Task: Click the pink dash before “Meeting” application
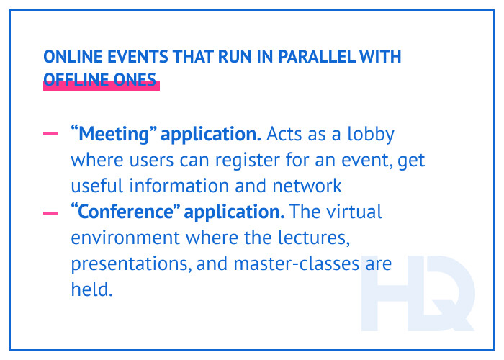pos(51,135)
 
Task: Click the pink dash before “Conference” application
pos(51,213)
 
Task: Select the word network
pos(305,185)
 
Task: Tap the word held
pos(91,290)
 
